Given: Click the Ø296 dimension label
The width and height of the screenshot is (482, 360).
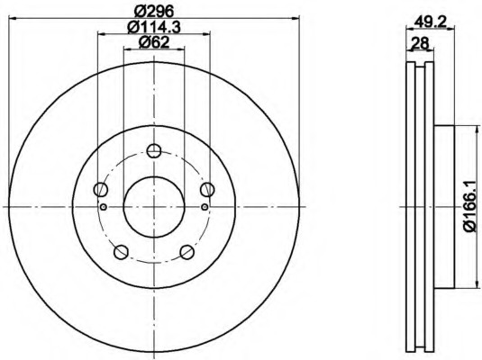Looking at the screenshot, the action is pos(154,12).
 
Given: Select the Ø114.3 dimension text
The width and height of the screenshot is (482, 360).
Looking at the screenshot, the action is pos(154,27).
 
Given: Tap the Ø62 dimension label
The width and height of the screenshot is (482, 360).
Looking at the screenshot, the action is pos(154,42).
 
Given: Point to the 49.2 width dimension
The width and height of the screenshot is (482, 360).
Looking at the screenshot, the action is pos(430,22).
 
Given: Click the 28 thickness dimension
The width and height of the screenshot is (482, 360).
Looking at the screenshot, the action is pos(420,43).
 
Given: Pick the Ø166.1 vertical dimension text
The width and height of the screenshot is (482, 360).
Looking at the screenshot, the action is pos(472,206).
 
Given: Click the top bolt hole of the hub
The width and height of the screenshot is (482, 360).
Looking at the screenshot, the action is pos(154,150).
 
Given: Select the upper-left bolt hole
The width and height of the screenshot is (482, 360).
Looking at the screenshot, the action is pos(101,189).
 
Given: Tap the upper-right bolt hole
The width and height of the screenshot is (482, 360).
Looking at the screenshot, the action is pos(207,189).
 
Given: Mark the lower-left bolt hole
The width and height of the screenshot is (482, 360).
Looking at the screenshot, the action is pos(121,252).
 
